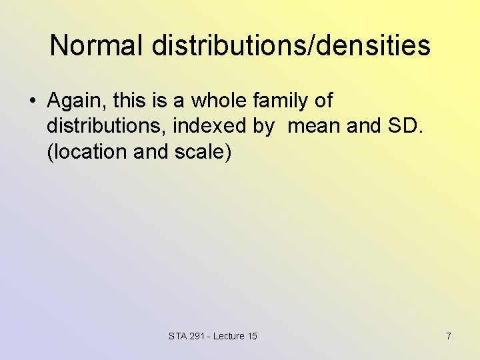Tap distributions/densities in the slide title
[291, 46]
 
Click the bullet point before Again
[32, 101]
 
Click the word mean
[313, 126]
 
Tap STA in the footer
[178, 336]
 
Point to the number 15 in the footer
[252, 336]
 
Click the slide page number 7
[449, 336]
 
